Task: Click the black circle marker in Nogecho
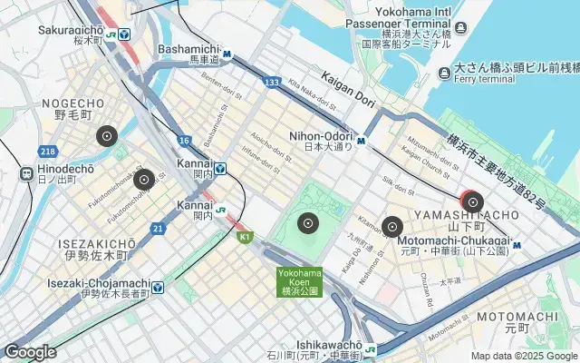point(107,137)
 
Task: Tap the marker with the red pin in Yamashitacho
point(472,201)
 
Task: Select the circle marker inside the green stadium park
point(308,222)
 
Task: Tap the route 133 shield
point(270,83)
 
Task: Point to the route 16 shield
point(184,140)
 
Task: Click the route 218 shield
point(48,151)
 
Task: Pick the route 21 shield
point(158,227)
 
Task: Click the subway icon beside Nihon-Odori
point(361,141)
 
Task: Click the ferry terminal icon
point(443,73)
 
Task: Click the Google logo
point(30,352)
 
